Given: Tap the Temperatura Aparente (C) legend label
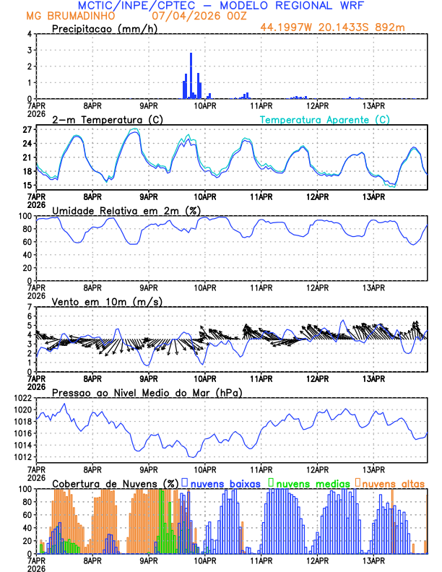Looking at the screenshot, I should (x=324, y=119).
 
